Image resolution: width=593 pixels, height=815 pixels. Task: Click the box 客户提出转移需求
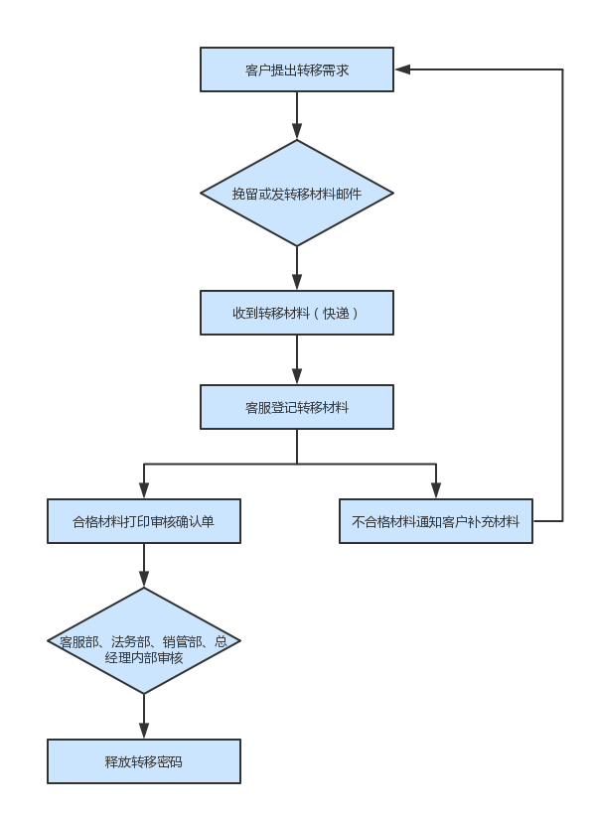[x=297, y=69]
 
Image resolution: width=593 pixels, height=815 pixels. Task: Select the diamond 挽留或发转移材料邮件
[x=297, y=193]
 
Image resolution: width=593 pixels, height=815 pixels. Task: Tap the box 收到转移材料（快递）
[x=297, y=313]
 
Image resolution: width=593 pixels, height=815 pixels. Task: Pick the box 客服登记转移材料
[x=297, y=407]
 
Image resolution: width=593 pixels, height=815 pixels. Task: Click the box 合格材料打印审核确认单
[x=144, y=521]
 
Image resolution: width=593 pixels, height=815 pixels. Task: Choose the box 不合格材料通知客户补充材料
[x=436, y=521]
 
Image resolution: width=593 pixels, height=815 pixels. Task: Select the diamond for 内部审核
[x=144, y=641]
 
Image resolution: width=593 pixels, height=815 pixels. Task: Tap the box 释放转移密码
[x=144, y=761]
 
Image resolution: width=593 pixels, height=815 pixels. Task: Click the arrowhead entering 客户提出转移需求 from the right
[x=402, y=69]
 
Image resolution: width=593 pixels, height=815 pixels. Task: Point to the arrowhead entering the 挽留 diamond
[x=297, y=131]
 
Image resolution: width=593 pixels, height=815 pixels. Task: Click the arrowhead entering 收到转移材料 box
[x=297, y=282]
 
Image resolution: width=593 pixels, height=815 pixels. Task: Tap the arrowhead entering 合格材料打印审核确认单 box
[x=144, y=490]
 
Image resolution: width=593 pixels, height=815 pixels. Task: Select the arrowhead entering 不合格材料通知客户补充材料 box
[x=436, y=490]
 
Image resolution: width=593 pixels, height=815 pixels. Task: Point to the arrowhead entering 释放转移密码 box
[x=144, y=731]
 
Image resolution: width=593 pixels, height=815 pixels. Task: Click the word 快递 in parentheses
[x=336, y=313]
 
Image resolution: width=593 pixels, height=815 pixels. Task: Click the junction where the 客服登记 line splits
[x=297, y=464]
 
